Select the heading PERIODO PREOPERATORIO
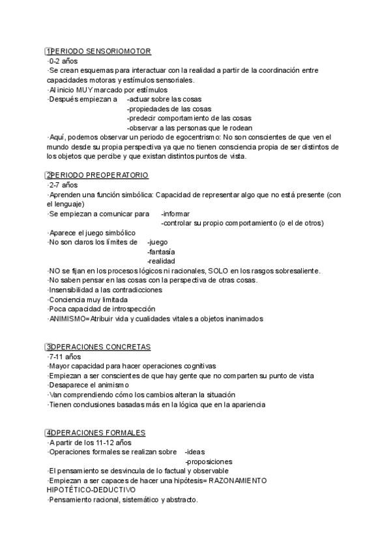click(x=99, y=175)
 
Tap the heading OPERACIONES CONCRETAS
click(x=100, y=347)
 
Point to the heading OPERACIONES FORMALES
click(x=98, y=433)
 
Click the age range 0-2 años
click(x=63, y=61)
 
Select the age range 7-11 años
click(x=65, y=357)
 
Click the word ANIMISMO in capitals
click(x=67, y=319)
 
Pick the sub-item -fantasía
click(x=161, y=251)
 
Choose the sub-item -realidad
click(x=161, y=261)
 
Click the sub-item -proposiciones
click(x=209, y=462)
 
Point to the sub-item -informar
click(x=175, y=214)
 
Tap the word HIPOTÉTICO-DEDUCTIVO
click(x=91, y=490)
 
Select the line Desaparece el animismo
click(x=80, y=385)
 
